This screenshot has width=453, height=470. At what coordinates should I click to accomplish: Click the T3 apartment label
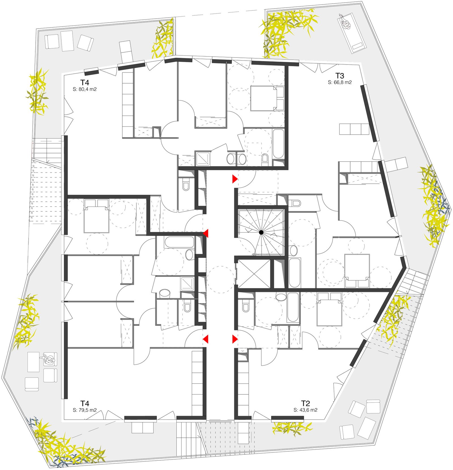click(x=340, y=76)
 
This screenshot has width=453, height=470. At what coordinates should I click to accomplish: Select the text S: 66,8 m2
click(x=340, y=82)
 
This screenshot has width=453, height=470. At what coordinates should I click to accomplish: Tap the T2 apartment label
click(x=305, y=403)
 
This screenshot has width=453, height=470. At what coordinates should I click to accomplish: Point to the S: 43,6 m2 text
click(x=305, y=410)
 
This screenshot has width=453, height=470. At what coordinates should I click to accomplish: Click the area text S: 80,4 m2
click(x=85, y=89)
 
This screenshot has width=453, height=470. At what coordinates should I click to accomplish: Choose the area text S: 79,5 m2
click(x=85, y=410)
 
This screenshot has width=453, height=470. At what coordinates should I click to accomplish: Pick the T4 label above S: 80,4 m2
click(x=85, y=82)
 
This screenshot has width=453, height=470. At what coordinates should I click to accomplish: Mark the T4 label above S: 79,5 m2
click(x=85, y=403)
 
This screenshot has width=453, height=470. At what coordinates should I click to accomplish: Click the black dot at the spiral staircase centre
click(x=261, y=232)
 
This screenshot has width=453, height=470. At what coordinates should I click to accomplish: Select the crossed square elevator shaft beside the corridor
click(x=254, y=274)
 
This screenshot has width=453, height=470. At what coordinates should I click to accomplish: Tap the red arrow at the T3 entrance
click(x=235, y=179)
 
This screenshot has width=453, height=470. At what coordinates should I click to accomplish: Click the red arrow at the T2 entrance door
click(x=235, y=339)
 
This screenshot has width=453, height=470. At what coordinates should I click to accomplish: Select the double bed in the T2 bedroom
click(x=330, y=309)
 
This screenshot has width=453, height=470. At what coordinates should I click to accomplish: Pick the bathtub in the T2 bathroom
click(x=293, y=308)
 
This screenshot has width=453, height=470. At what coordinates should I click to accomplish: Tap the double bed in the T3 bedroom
click(x=357, y=271)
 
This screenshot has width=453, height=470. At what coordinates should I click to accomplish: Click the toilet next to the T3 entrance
click(x=294, y=203)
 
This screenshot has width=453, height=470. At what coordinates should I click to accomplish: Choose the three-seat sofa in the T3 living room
click(x=354, y=129)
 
